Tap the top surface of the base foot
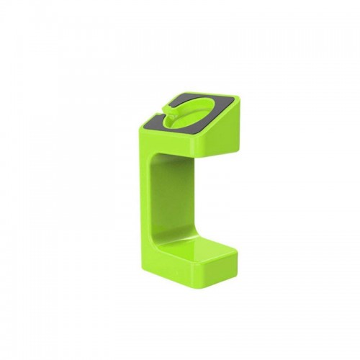point(198,248)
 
